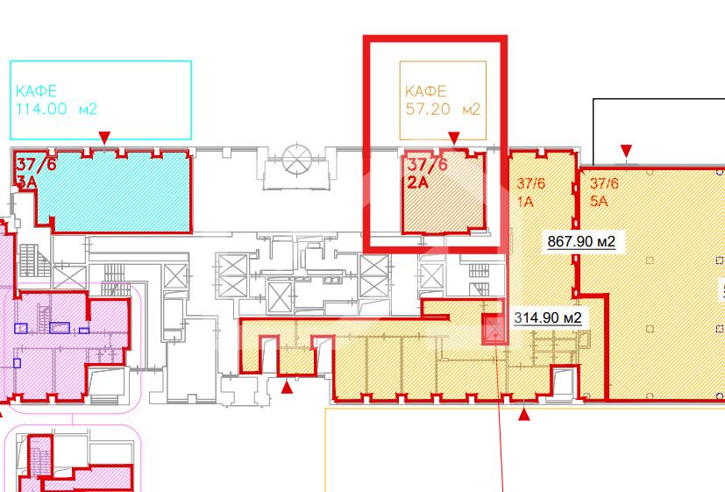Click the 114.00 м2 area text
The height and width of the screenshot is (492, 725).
56,109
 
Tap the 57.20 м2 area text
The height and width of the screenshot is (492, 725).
443,109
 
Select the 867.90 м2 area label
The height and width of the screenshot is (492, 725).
581,241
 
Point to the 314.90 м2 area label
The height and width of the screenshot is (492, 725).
548,317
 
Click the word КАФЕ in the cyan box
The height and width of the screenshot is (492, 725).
36,90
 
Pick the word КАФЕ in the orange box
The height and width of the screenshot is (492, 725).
426,90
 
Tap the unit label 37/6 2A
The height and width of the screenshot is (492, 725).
427,174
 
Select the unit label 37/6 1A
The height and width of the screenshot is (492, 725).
530,192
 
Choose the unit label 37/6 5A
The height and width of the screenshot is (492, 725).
604,192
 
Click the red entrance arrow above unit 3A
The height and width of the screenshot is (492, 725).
105,138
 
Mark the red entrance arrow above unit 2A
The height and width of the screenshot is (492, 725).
454,138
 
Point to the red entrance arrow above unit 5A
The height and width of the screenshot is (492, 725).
626,151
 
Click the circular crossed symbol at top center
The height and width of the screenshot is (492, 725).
297,159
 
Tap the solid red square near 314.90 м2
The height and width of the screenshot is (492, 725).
494,329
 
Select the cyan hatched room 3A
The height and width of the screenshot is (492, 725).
113,190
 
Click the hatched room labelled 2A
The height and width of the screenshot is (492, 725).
444,191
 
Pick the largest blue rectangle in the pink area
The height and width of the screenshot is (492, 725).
60,327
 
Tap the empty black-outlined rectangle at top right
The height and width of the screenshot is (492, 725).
658,132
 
